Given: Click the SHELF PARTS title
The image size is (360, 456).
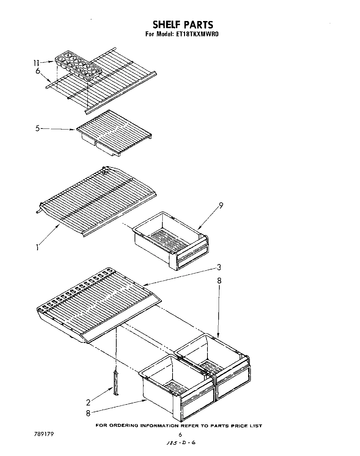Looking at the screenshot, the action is pyautogui.click(x=183, y=25).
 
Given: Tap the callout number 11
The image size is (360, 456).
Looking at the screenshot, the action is pyautogui.click(x=37, y=63).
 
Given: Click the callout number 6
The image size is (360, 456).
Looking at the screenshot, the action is pyautogui.click(x=38, y=71).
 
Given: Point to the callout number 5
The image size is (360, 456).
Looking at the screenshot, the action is pyautogui.click(x=38, y=128).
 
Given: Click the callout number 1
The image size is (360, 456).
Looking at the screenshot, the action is pyautogui.click(x=37, y=247).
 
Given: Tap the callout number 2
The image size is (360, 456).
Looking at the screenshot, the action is pyautogui.click(x=88, y=402).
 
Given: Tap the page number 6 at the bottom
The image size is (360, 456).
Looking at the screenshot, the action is pyautogui.click(x=180, y=435).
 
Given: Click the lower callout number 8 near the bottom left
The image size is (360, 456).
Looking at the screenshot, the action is pyautogui.click(x=88, y=413).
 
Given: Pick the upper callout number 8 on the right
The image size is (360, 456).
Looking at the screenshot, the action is pyautogui.click(x=220, y=281).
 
